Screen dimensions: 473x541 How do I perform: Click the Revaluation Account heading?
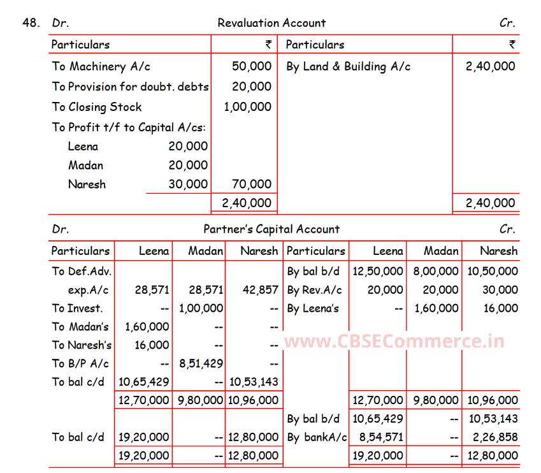click(x=271, y=23)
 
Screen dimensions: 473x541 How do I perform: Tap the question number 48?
click(x=31, y=23)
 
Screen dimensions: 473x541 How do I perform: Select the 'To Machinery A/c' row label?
click(x=101, y=66)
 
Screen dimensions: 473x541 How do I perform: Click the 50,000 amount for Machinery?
click(x=252, y=66)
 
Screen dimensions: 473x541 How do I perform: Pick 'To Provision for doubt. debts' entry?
click(x=130, y=87)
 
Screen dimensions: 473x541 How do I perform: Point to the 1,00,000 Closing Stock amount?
click(x=247, y=107)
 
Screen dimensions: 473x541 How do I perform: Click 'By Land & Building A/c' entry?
click(x=348, y=66)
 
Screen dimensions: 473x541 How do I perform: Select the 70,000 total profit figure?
click(x=252, y=184)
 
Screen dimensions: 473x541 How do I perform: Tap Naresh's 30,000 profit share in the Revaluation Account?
click(x=188, y=184)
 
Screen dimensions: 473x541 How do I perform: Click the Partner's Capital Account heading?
click(x=271, y=229)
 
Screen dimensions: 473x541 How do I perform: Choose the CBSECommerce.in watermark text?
click(x=394, y=342)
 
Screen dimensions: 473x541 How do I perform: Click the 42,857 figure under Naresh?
click(x=260, y=290)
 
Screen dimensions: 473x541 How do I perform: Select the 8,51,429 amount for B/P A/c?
click(x=201, y=364)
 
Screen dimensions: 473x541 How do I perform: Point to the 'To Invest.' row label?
click(x=76, y=309)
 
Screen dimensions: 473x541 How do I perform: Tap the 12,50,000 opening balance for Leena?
click(x=377, y=272)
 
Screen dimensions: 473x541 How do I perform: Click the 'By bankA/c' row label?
click(x=317, y=438)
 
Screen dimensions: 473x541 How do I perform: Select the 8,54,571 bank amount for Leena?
click(x=380, y=438)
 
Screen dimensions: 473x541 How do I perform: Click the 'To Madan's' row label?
click(x=80, y=327)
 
